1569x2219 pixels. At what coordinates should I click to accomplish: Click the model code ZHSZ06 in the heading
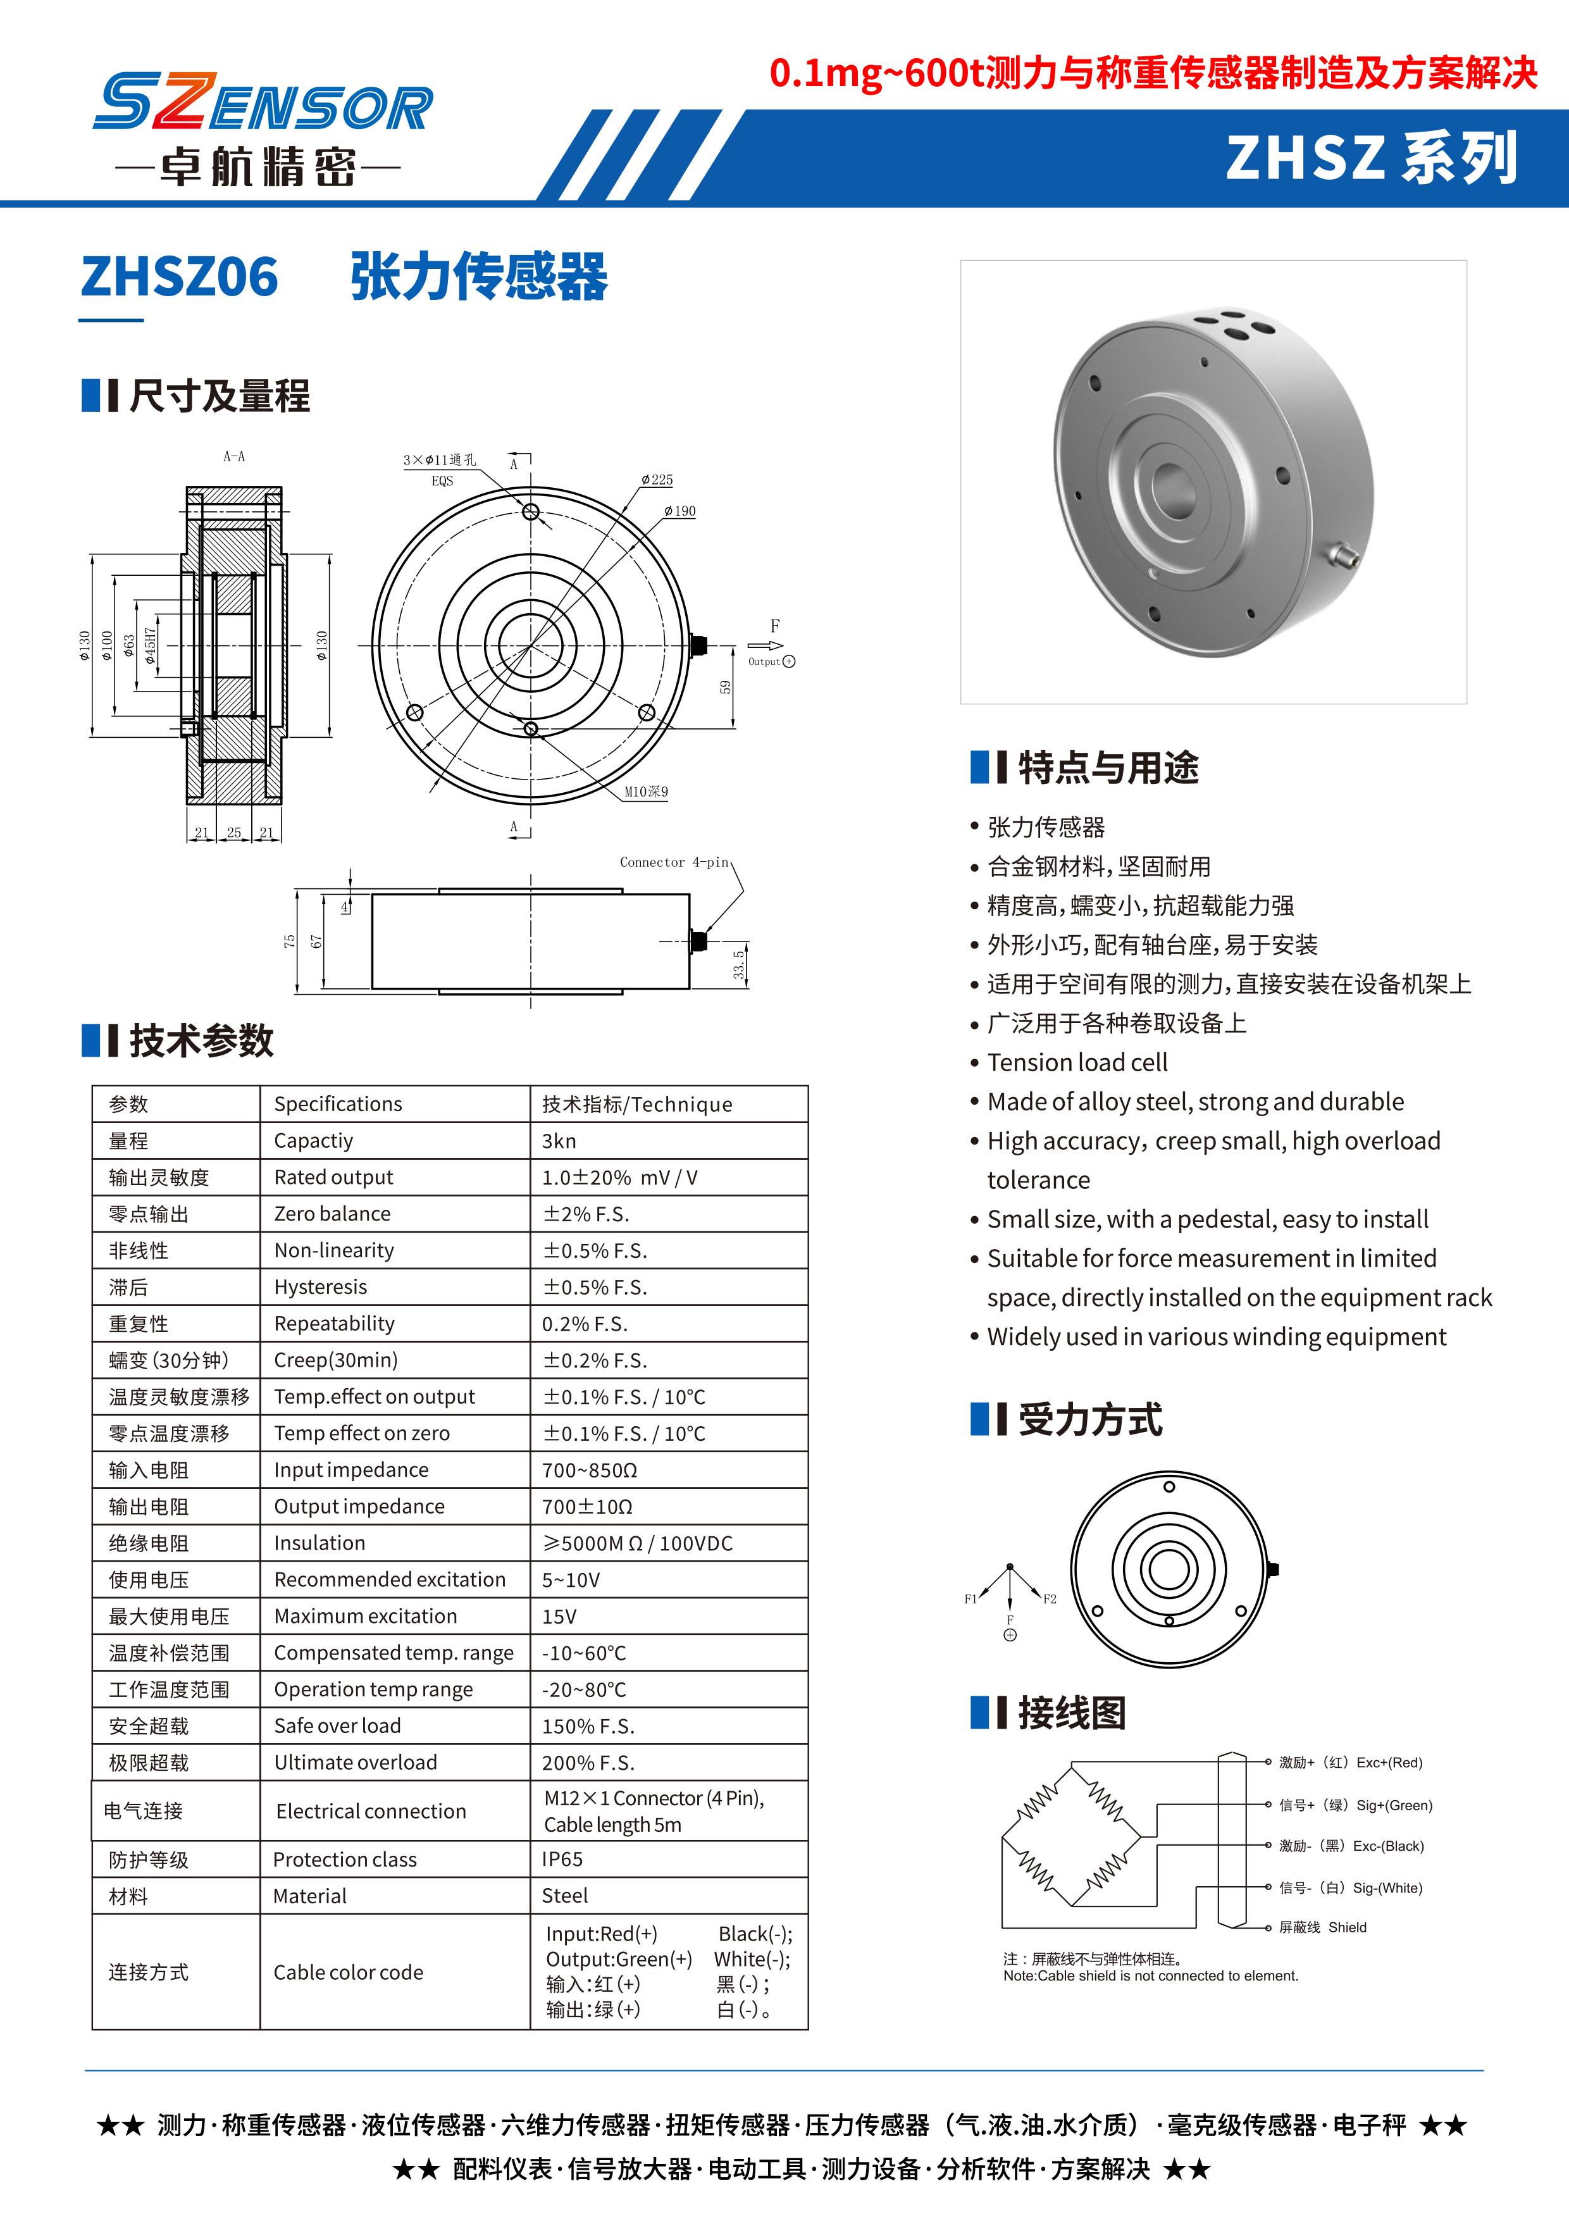tap(180, 277)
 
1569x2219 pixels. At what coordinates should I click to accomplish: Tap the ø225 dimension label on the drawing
tap(657, 480)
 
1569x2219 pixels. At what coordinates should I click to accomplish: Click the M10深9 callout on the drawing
tap(645, 792)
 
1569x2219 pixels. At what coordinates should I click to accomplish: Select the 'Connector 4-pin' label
tap(674, 862)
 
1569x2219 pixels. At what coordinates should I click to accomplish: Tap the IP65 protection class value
tap(562, 1858)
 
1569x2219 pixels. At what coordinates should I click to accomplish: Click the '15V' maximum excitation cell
tap(559, 1616)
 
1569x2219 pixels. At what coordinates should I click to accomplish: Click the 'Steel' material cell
tap(565, 1895)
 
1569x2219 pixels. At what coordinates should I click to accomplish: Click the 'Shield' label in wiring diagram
tap(1347, 1927)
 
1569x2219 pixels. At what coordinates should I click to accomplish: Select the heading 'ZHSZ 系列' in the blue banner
tap(1371, 158)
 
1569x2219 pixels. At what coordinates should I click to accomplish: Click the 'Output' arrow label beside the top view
tap(764, 662)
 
